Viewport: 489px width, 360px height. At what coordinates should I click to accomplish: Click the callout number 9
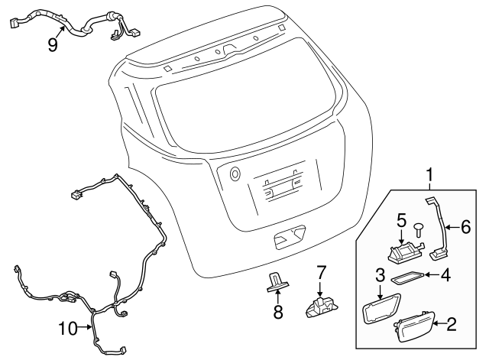click(x=53, y=45)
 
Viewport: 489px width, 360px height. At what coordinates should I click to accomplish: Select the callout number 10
click(x=68, y=329)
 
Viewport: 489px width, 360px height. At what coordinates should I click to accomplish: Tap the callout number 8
click(x=278, y=312)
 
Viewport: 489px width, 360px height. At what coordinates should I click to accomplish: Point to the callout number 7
click(x=321, y=272)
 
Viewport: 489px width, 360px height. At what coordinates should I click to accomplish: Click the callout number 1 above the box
click(x=430, y=175)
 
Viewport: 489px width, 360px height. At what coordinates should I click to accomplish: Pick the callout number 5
click(x=402, y=221)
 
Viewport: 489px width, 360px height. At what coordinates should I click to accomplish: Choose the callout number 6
click(x=465, y=227)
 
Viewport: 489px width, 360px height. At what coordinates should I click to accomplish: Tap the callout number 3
click(x=381, y=275)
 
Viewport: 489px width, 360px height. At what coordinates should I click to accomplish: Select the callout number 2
click(x=452, y=324)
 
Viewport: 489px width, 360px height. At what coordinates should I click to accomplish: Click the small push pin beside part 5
click(x=418, y=229)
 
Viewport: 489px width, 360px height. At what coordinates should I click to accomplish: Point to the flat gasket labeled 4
click(x=407, y=277)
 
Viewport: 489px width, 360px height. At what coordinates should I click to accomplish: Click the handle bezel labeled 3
click(x=381, y=309)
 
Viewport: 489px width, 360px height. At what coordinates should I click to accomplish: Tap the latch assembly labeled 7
click(x=321, y=307)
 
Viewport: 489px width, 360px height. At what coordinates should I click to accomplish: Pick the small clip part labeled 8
click(x=277, y=282)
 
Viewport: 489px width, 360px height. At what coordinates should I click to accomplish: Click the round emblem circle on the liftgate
click(x=235, y=174)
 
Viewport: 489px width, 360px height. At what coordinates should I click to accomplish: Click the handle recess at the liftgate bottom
click(x=290, y=237)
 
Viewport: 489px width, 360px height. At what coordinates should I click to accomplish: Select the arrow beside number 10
click(x=85, y=327)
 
